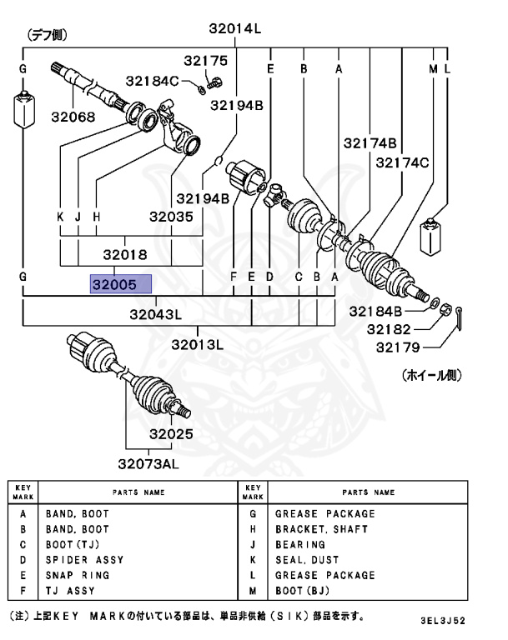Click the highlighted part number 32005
[x=121, y=284]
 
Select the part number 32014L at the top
[x=235, y=28]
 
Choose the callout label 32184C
[x=153, y=81]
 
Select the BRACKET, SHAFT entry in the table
[x=316, y=529]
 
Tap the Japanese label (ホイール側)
[x=431, y=376]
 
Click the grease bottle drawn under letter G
[x=23, y=111]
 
